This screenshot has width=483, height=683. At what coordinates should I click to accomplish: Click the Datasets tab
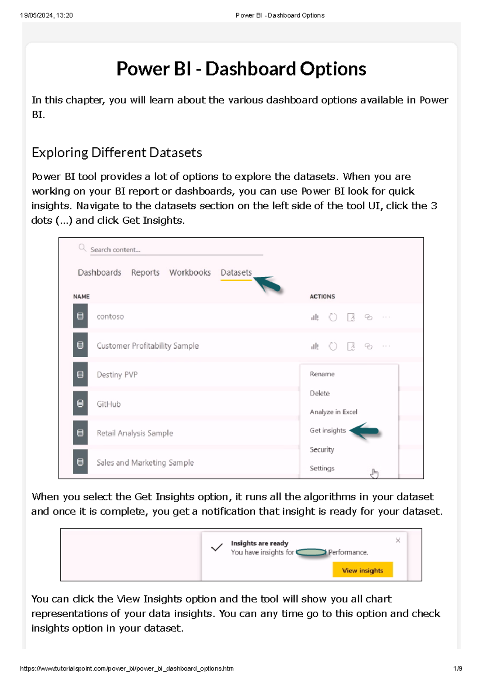click(x=236, y=273)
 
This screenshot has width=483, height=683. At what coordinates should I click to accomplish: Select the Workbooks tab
click(x=190, y=273)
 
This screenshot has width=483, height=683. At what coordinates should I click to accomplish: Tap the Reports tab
click(x=145, y=273)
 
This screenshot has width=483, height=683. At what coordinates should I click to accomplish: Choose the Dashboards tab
click(x=99, y=273)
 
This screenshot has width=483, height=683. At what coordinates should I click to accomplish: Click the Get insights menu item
click(x=328, y=430)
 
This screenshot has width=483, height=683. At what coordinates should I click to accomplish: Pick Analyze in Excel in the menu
click(x=333, y=412)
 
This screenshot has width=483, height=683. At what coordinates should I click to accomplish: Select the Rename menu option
click(x=322, y=374)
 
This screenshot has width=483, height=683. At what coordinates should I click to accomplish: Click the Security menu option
click(x=322, y=449)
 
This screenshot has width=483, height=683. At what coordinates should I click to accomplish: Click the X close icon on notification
click(x=398, y=540)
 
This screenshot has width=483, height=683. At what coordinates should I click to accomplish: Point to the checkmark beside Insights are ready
click(x=217, y=547)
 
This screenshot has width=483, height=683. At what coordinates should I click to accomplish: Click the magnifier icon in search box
click(x=82, y=248)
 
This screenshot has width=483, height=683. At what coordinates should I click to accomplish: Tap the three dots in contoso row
click(x=386, y=317)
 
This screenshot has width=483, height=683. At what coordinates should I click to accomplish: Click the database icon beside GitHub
click(x=80, y=403)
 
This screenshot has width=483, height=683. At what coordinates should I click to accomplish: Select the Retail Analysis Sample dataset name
click(x=135, y=433)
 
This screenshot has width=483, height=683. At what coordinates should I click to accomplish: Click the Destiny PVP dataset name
click(x=117, y=375)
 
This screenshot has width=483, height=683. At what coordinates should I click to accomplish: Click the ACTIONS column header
click(x=322, y=296)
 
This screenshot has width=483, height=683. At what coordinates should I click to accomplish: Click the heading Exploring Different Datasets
click(x=117, y=152)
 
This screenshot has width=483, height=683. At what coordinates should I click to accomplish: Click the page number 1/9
click(x=458, y=669)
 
